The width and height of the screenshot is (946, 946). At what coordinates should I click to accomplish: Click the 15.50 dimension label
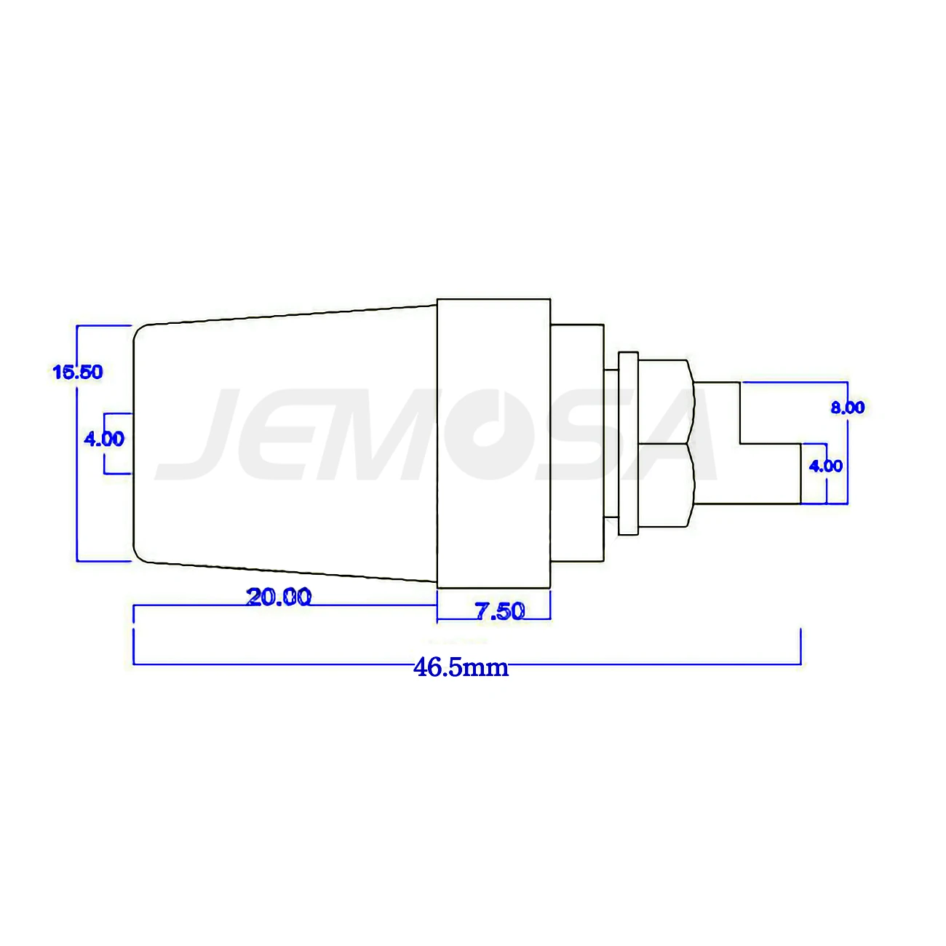tap(78, 372)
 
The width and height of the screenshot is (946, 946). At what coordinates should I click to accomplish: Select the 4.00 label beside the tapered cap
tap(104, 439)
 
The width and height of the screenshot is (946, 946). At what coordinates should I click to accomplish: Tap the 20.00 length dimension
tap(279, 597)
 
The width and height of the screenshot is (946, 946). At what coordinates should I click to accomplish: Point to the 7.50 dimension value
tap(500, 611)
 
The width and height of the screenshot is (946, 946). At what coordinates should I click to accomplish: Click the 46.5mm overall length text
tap(461, 667)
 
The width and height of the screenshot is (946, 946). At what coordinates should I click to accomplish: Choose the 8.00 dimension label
tap(848, 408)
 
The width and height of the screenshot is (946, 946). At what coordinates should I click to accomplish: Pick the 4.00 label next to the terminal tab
tap(826, 466)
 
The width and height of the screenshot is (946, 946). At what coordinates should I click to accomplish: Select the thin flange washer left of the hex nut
tap(628, 444)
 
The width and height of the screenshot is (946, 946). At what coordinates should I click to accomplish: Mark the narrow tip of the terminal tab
tap(771, 473)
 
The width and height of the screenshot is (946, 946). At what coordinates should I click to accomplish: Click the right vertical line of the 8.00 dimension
tap(848, 451)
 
